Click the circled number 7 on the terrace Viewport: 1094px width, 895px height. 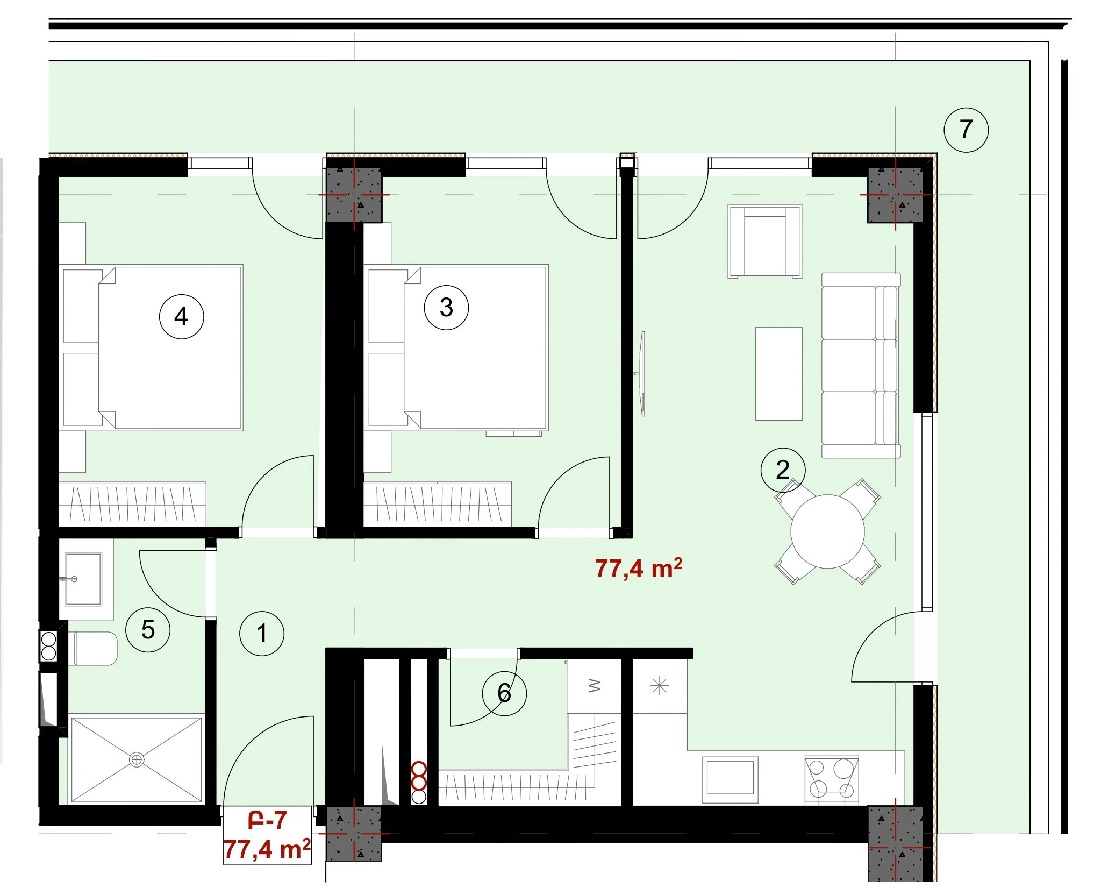[966, 130]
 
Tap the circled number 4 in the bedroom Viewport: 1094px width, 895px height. [181, 316]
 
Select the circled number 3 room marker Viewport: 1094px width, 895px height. [446, 307]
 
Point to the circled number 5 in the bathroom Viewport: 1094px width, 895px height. [148, 629]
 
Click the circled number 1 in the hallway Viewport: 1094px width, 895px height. [262, 633]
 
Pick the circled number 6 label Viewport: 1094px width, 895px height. [504, 693]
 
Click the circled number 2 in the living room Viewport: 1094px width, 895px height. [783, 470]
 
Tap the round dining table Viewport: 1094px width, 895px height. [827, 531]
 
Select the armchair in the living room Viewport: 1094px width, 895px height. [765, 241]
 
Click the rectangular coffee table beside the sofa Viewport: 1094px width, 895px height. [779, 374]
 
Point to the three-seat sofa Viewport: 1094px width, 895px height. [861, 365]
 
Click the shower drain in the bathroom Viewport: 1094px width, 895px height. [137, 759]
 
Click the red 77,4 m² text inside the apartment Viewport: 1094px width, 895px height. [639, 569]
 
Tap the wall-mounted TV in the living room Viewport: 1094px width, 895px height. [642, 374]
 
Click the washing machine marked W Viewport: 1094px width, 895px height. [595, 686]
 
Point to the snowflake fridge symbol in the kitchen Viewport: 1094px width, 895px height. [660, 686]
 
